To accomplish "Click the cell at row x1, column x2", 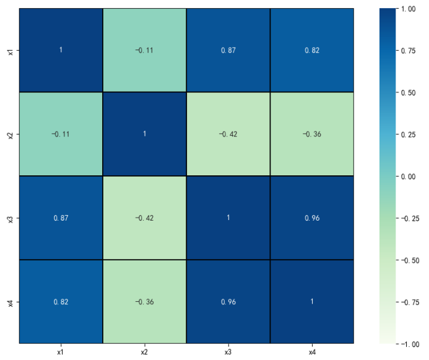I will (x=144, y=50).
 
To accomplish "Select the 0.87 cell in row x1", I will (x=228, y=50).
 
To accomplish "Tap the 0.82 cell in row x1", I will (x=311, y=50).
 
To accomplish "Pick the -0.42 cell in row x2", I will (x=228, y=134).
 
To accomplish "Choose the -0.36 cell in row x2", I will (x=311, y=134).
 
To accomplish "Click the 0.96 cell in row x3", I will (x=311, y=217).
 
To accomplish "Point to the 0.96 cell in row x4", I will (x=228, y=301).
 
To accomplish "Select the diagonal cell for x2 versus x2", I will (x=144, y=134).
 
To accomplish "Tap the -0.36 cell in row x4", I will (x=144, y=301).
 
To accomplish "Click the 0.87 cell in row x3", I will (x=61, y=217).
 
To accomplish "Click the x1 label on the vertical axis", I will (x=11, y=50).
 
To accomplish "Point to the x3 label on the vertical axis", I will (x=11, y=217).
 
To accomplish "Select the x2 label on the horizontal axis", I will (x=144, y=351).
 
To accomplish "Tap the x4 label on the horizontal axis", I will (x=311, y=351).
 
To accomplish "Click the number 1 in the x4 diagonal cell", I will (x=311, y=301).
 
